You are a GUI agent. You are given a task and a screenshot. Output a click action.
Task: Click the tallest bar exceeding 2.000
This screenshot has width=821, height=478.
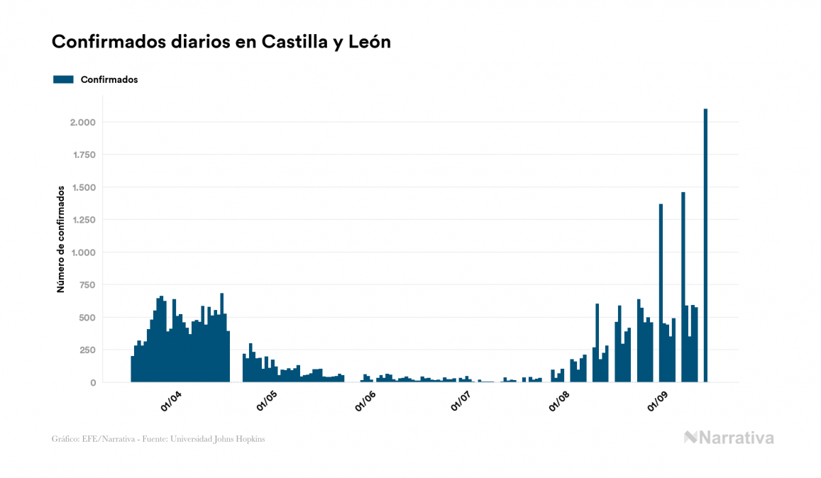point(705,245)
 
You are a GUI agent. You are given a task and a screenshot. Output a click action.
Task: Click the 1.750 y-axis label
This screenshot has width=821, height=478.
point(82,155)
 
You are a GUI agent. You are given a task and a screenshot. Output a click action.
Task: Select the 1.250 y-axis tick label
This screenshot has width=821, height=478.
point(82,220)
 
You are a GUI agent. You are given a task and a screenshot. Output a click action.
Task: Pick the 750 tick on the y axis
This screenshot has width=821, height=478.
point(87,285)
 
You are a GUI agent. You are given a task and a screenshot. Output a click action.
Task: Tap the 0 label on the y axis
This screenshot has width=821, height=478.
point(93,382)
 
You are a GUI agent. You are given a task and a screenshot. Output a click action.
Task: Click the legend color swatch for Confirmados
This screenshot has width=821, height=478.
point(63,79)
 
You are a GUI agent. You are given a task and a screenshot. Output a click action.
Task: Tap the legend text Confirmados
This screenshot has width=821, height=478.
point(109,79)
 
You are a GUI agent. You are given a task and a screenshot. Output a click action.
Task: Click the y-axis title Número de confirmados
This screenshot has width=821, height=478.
point(61,239)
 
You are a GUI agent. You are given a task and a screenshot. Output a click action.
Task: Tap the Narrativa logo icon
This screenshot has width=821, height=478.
point(690,438)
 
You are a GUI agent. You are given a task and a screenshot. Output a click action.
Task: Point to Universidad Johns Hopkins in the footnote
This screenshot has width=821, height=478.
point(225,439)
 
